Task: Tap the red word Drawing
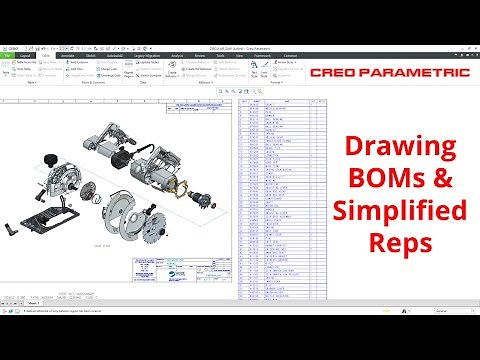[x=401, y=147]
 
